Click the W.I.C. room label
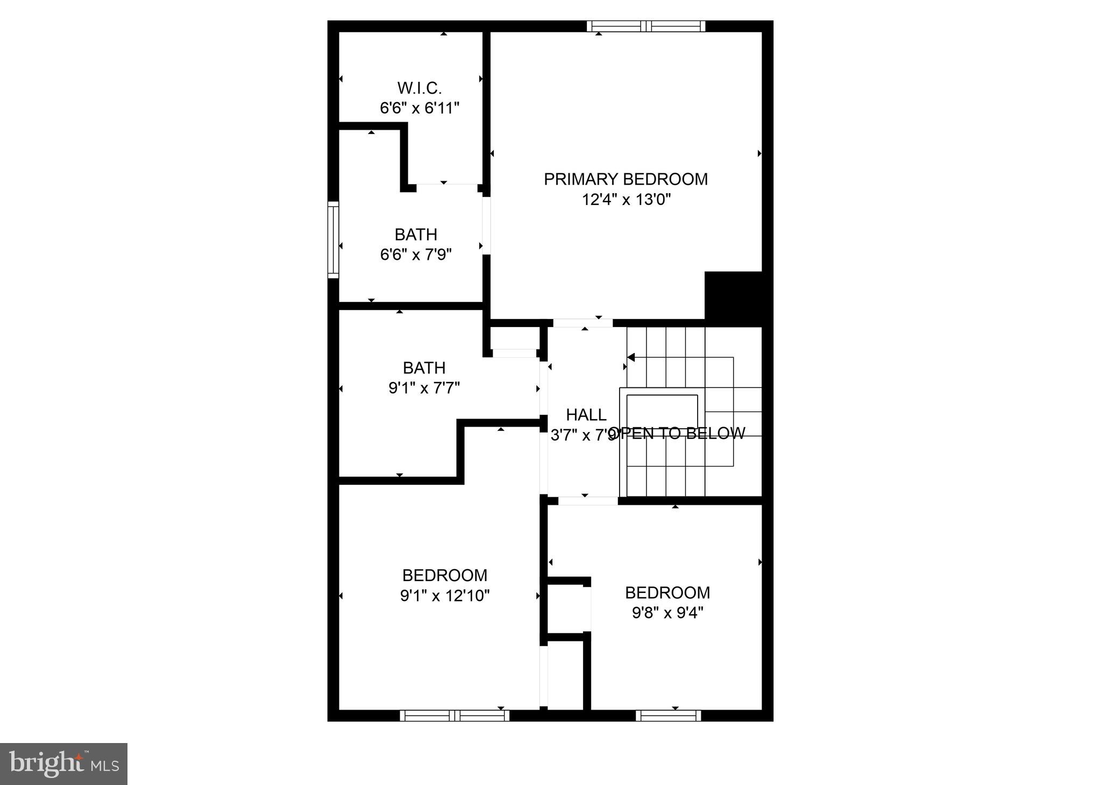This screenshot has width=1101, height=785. click(420, 88)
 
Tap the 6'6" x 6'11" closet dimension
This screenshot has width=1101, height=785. click(420, 108)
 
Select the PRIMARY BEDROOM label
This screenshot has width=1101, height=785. click(626, 179)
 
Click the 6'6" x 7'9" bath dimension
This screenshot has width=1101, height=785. click(416, 254)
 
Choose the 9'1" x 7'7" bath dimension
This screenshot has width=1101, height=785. click(424, 388)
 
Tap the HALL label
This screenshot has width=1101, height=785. click(586, 415)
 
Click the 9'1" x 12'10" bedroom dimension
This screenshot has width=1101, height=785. click(445, 596)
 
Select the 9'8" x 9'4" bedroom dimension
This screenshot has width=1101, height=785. click(667, 613)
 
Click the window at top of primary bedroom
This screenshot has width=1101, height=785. click(645, 26)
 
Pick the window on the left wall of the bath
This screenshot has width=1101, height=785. click(333, 239)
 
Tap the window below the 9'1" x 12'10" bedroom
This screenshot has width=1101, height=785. click(454, 716)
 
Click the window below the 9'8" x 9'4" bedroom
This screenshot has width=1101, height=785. click(668, 716)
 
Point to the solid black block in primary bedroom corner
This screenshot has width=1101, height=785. click(733, 296)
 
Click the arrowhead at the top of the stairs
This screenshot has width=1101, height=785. click(631, 357)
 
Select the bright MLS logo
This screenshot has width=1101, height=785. click(63, 764)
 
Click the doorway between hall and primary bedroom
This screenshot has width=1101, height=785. click(583, 323)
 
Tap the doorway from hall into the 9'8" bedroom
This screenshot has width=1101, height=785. click(587, 501)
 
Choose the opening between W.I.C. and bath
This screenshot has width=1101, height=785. click(446, 188)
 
